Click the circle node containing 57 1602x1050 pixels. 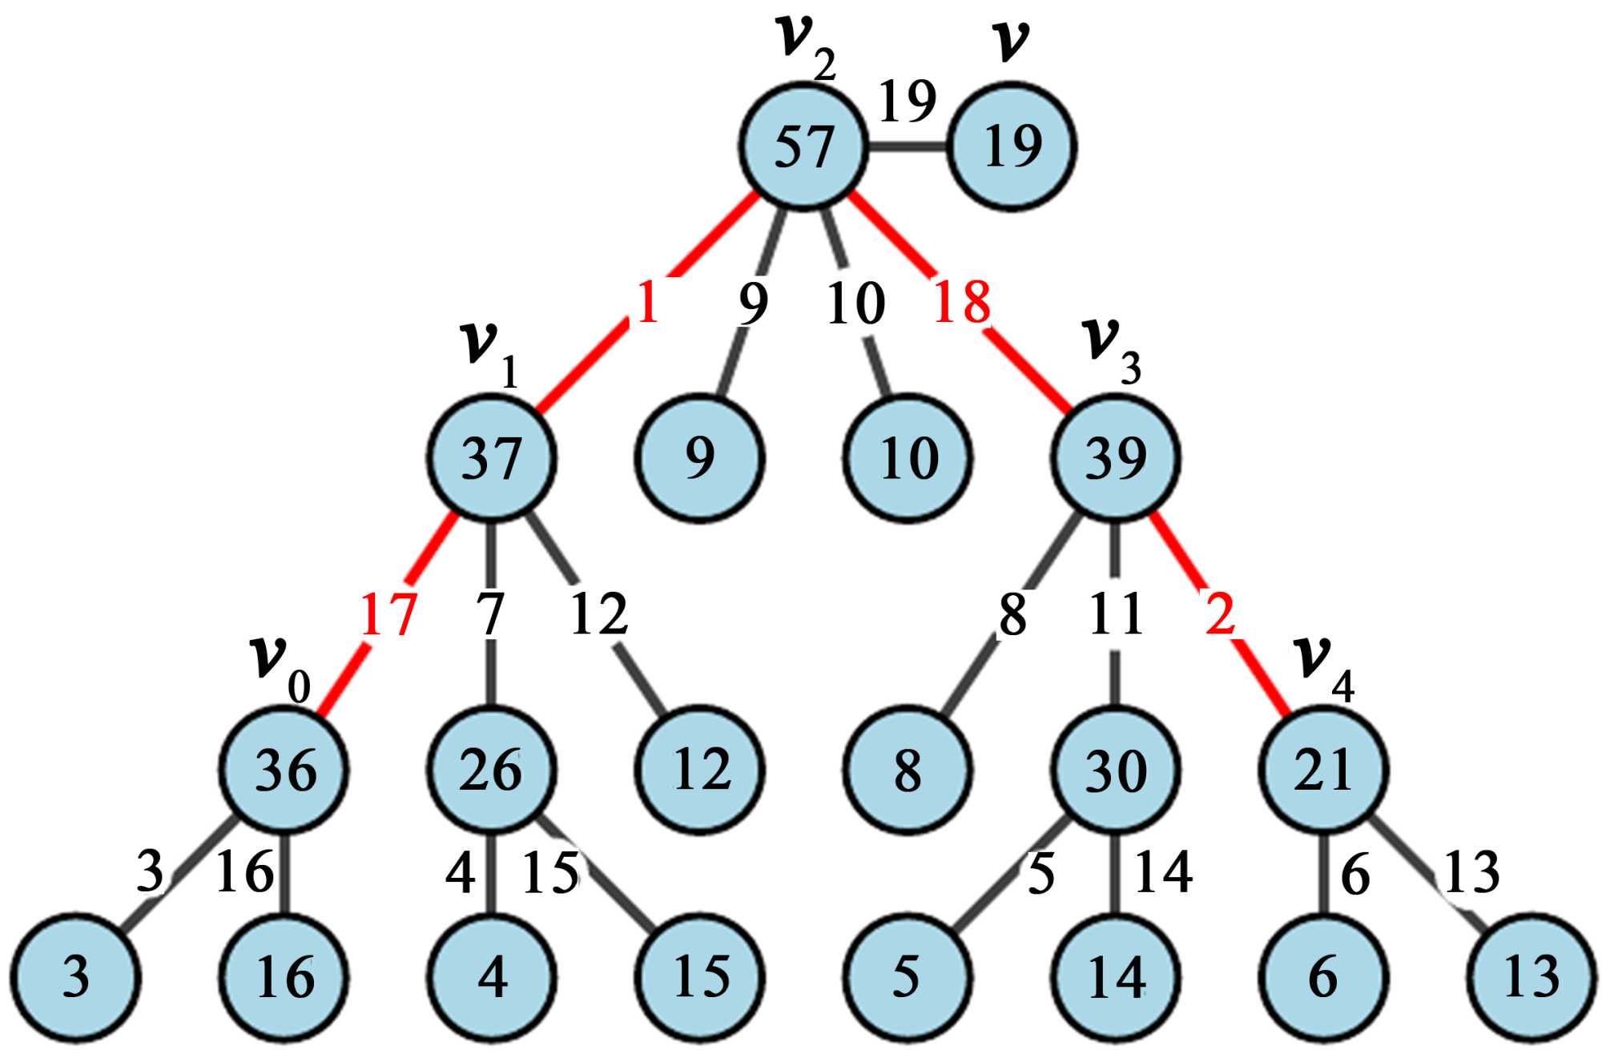pyautogui.click(x=803, y=147)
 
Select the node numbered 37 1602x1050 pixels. pyautogui.click(x=491, y=458)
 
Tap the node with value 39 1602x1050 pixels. pyautogui.click(x=1116, y=458)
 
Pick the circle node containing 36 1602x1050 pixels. pyautogui.click(x=284, y=770)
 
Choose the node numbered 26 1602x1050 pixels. pyautogui.click(x=491, y=770)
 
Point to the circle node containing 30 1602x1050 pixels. pyautogui.click(x=1116, y=770)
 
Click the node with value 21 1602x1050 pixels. pyautogui.click(x=1323, y=770)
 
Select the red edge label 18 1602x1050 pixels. pyautogui.click(x=961, y=303)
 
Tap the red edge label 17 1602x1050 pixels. pyautogui.click(x=388, y=615)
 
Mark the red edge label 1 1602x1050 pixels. pyautogui.click(x=647, y=303)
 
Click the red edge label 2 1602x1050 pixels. pyautogui.click(x=1220, y=615)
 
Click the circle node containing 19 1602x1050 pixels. pyautogui.click(x=1012, y=147)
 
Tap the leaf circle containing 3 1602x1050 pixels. pyautogui.click(x=76, y=977)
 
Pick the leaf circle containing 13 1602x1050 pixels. pyautogui.click(x=1532, y=977)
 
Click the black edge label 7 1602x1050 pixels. pyautogui.click(x=490, y=615)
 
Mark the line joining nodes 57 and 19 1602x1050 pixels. pyautogui.click(x=908, y=147)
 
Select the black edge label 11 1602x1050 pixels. pyautogui.click(x=1116, y=615)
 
